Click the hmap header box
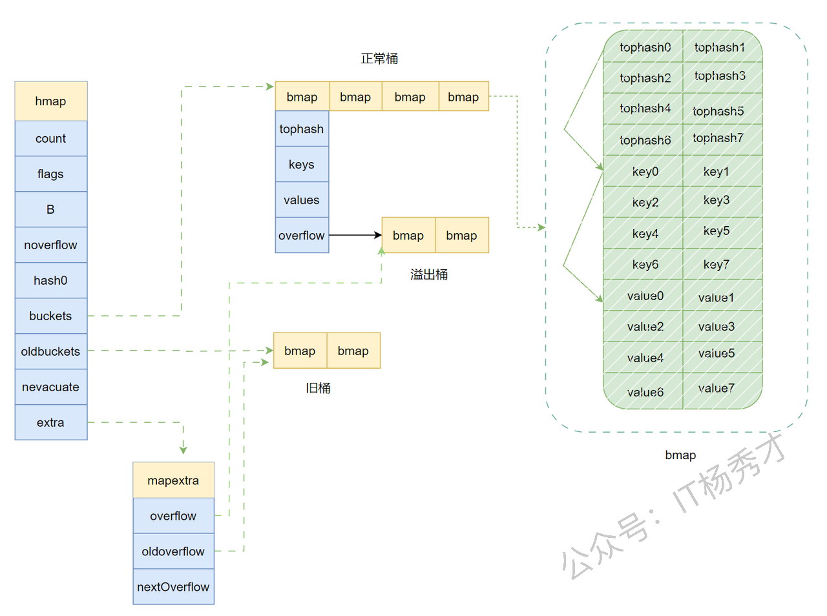(x=50, y=101)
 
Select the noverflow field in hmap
(x=50, y=245)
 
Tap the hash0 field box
(x=50, y=280)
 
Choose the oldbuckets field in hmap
(x=50, y=351)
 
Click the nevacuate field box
(x=50, y=387)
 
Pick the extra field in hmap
(x=50, y=422)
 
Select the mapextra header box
(x=173, y=480)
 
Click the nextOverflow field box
(x=173, y=587)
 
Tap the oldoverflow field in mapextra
(x=173, y=551)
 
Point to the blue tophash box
(x=302, y=128)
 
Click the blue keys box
(x=302, y=164)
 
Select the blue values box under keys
(x=302, y=200)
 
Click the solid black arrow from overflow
(x=355, y=235)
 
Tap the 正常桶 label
(x=379, y=59)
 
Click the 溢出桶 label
(x=429, y=274)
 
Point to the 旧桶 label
(x=318, y=387)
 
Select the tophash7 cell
(x=718, y=138)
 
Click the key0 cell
(x=645, y=171)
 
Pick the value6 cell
(x=645, y=391)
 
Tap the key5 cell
(x=717, y=231)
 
